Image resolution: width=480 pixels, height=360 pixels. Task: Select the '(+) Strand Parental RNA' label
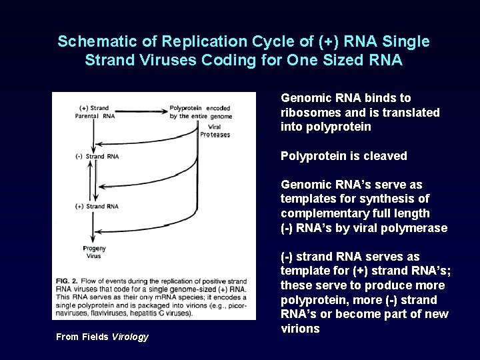pyautogui.click(x=95, y=111)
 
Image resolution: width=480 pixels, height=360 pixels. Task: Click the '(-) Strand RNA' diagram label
pyautogui.click(x=97, y=157)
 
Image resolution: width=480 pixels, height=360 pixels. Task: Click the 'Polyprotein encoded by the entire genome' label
pyautogui.click(x=200, y=111)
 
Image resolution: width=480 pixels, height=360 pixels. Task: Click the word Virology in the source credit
pyautogui.click(x=130, y=337)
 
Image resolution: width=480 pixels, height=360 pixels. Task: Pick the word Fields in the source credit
pyautogui.click(x=95, y=337)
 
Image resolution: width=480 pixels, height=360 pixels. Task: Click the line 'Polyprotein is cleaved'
pyautogui.click(x=343, y=156)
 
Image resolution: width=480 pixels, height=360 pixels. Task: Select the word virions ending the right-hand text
pyautogui.click(x=300, y=329)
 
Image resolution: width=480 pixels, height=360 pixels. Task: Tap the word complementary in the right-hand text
pyautogui.click(x=323, y=213)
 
